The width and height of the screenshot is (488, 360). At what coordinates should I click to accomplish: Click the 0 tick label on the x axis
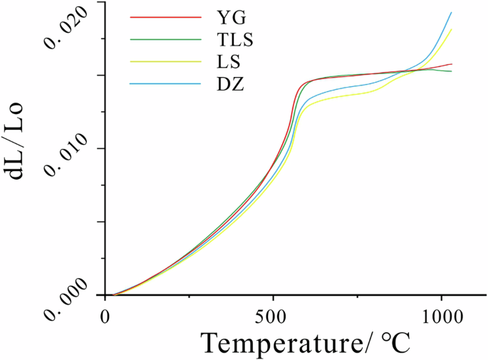tap(106, 314)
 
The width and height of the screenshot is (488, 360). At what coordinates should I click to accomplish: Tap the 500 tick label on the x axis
tap(274, 314)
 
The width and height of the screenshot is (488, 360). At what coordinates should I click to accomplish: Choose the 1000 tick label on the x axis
tap(442, 314)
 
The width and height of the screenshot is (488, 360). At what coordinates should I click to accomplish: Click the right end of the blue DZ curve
tap(451, 12)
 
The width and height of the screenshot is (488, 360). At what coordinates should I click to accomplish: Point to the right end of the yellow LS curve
tap(451, 29)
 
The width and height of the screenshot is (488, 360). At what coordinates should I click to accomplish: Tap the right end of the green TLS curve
tap(452, 71)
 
